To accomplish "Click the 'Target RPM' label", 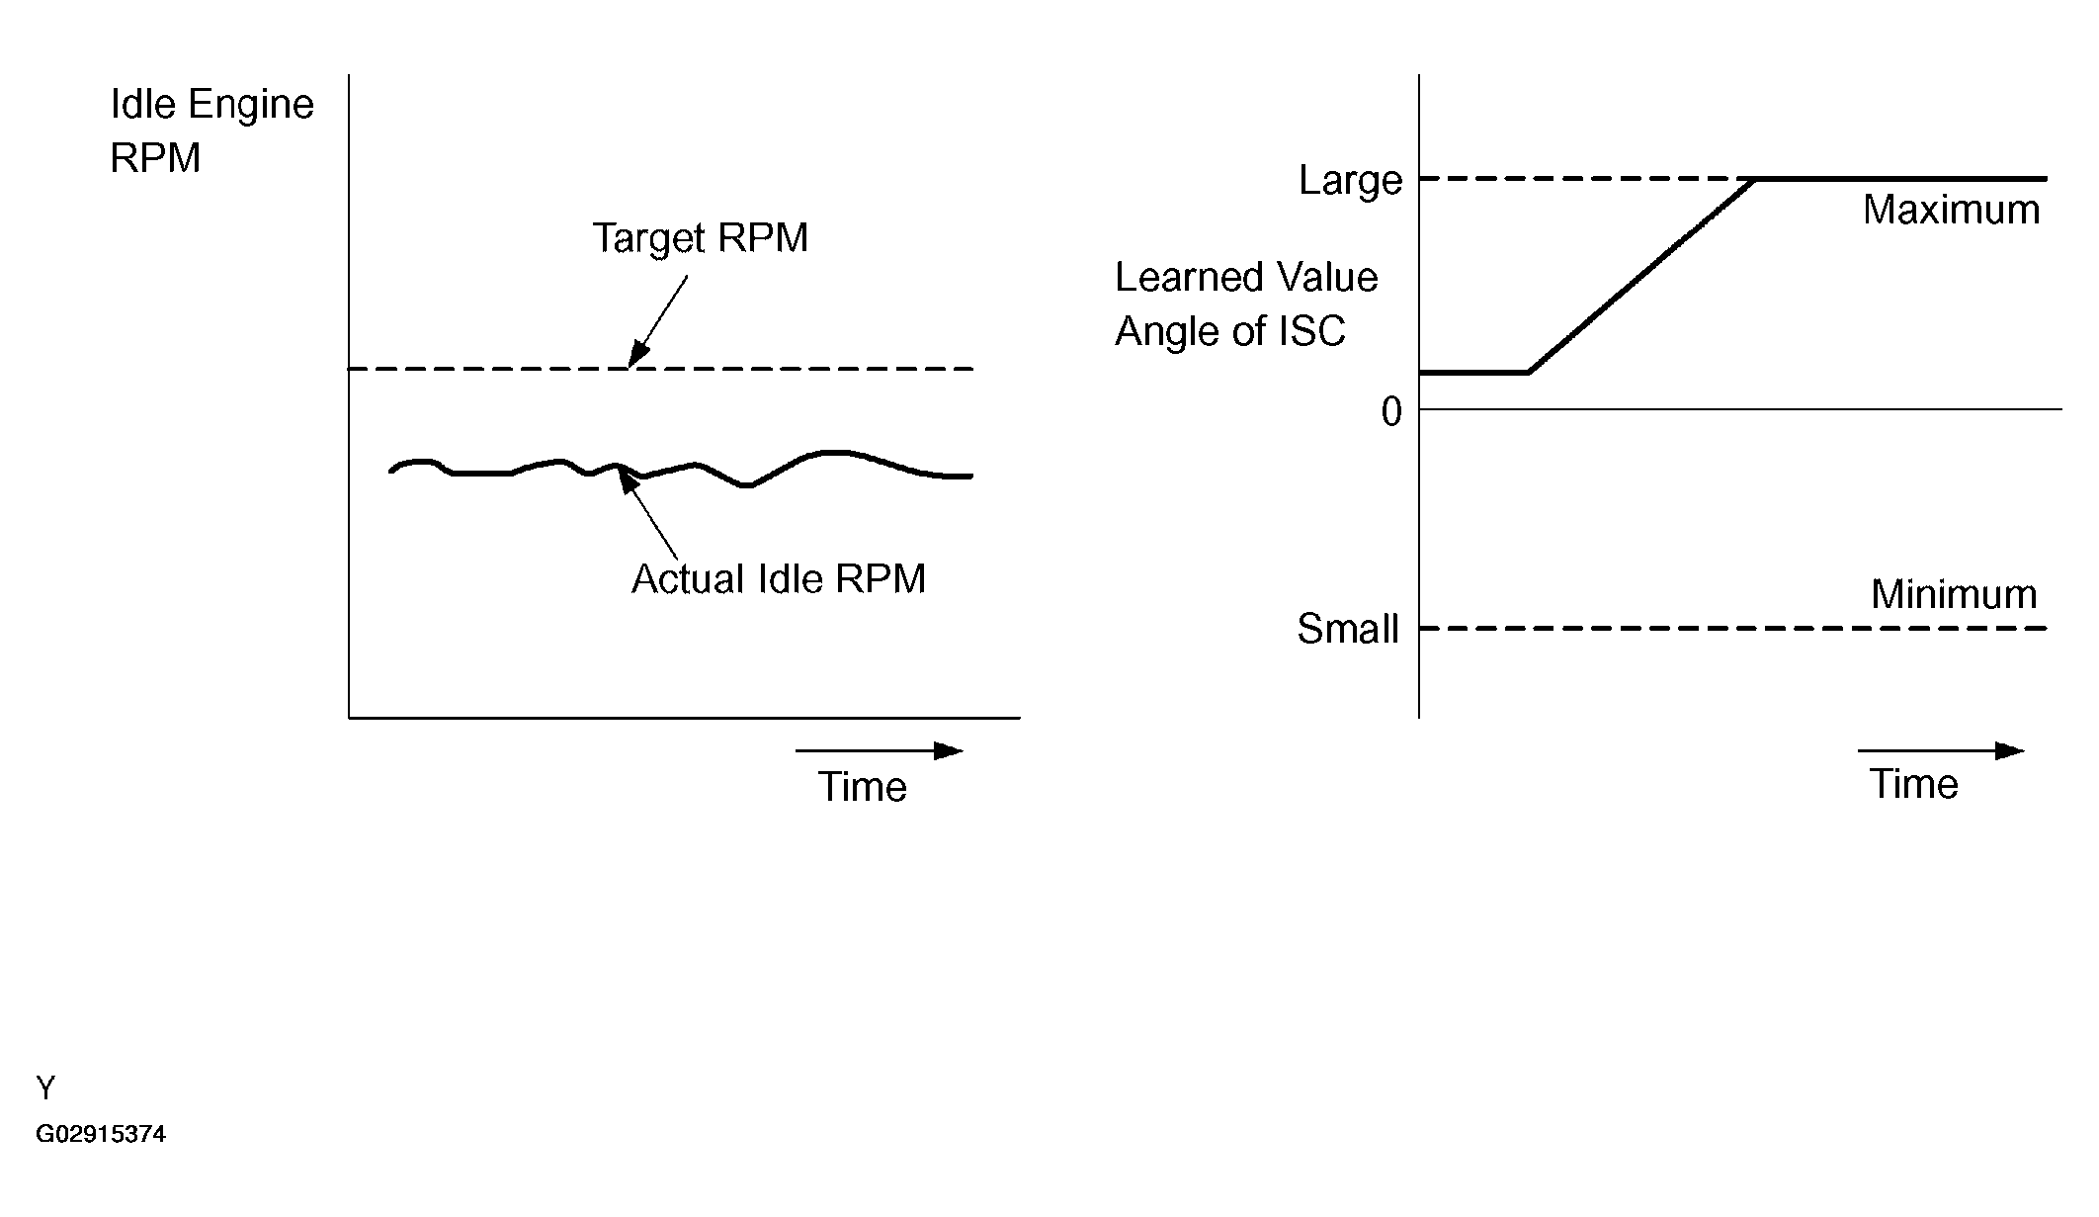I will (x=700, y=238).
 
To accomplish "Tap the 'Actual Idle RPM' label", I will (x=779, y=579).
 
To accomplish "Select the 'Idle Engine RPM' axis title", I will (x=211, y=130).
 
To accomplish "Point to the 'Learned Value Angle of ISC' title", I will (x=1245, y=304).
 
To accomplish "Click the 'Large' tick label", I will (x=1350, y=181).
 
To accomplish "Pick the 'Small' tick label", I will (x=1348, y=630).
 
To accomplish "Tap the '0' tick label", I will (x=1391, y=411).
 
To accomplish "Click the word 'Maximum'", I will (x=1951, y=211).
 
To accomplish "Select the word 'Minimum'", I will (x=1954, y=595).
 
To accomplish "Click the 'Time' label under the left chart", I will (x=862, y=787).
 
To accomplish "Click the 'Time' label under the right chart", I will (x=1913, y=784).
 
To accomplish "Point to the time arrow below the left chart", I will (x=879, y=751).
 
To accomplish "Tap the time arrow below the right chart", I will (x=1941, y=751).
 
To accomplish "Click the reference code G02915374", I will (x=101, y=1134).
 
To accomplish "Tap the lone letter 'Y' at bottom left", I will (x=45, y=1088).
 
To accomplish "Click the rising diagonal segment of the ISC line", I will (x=1640, y=277).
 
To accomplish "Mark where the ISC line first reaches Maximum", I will (x=1755, y=179).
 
